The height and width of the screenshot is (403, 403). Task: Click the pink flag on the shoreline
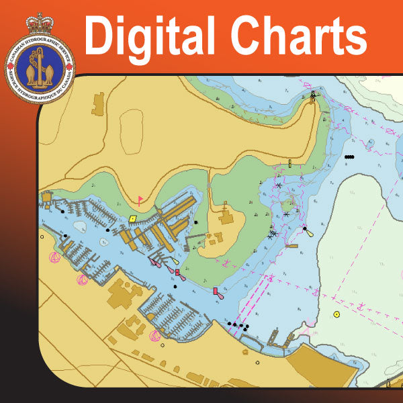click(x=140, y=199)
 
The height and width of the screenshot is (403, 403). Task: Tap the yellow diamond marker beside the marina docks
click(x=133, y=218)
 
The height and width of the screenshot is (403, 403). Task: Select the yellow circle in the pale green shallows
click(x=337, y=314)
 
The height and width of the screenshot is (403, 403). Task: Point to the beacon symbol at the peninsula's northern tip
click(x=313, y=96)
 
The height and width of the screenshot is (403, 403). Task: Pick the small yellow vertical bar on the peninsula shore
click(x=289, y=163)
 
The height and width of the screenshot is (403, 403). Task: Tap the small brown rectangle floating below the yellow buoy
click(x=291, y=246)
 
